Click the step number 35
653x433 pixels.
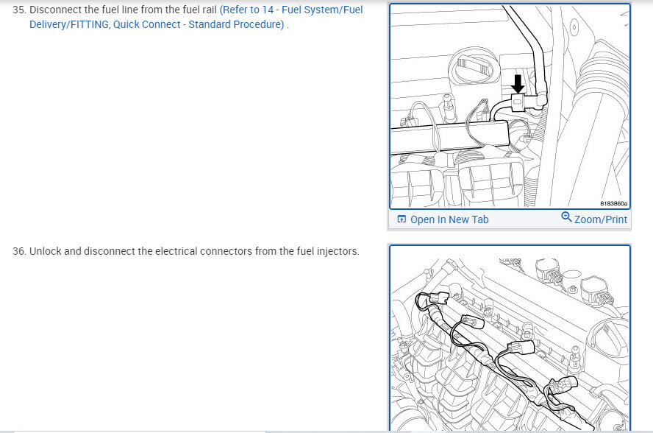point(19,10)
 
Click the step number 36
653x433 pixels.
point(19,251)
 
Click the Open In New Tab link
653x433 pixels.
point(449,219)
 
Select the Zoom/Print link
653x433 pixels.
point(601,219)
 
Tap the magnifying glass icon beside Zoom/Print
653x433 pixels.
point(566,217)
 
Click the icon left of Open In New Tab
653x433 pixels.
point(402,219)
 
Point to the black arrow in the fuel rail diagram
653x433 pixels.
point(518,84)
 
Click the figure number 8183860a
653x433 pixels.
point(613,203)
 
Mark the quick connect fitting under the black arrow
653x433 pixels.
point(518,102)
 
